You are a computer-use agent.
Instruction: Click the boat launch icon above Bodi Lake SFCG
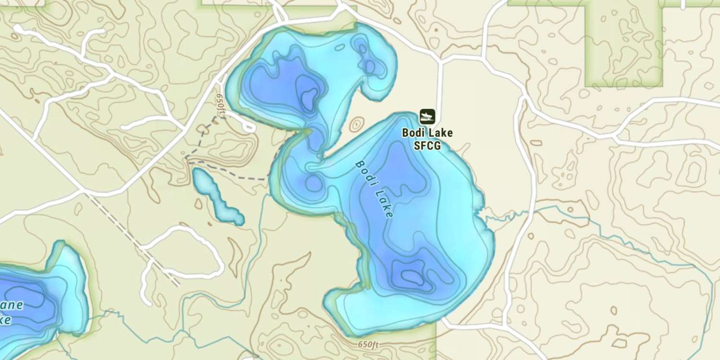(427, 116)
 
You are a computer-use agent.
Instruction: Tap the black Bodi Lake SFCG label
(427, 139)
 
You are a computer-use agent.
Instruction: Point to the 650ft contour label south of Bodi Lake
(368, 345)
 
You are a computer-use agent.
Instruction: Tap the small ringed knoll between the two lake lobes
(356, 125)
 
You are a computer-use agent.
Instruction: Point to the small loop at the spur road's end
(248, 126)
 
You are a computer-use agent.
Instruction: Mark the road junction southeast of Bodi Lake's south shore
(444, 321)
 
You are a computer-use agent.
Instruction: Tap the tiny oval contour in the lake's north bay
(339, 48)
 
